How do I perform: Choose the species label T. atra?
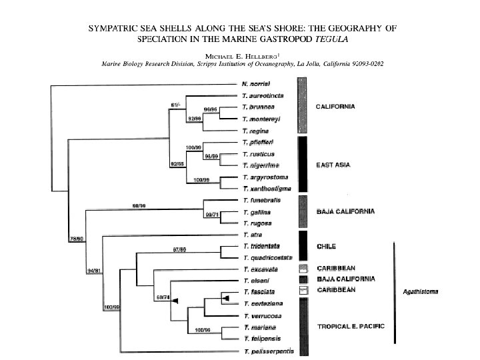click(252, 235)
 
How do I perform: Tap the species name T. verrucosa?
click(261, 315)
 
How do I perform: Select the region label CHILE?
click(325, 246)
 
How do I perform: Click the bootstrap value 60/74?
click(162, 296)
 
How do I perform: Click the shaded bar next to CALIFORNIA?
click(302, 107)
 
